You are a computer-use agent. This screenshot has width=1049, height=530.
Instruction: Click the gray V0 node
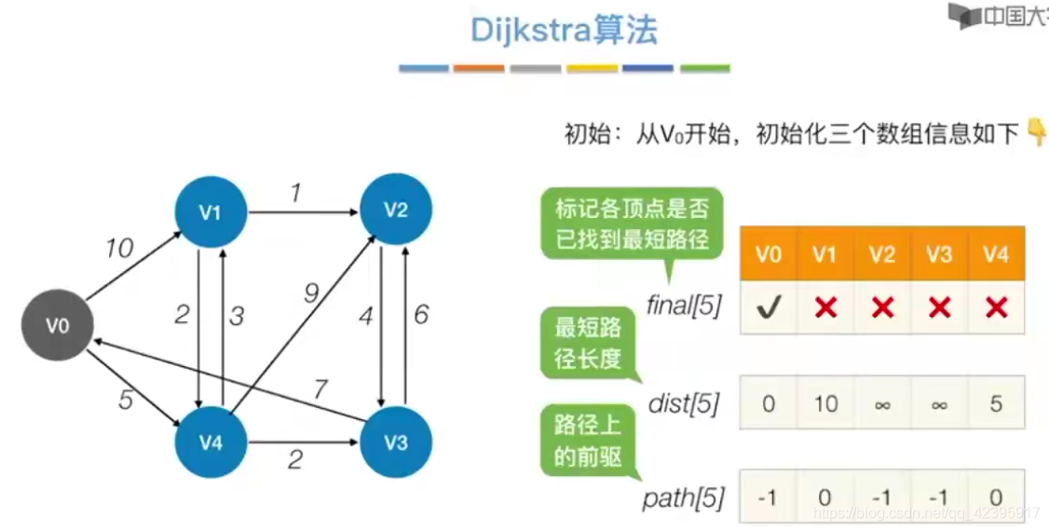(x=58, y=325)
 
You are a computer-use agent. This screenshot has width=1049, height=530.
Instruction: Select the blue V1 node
(x=210, y=212)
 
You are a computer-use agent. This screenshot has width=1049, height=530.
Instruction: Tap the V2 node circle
(x=396, y=211)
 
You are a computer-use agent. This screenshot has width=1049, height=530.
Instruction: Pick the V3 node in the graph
(x=396, y=442)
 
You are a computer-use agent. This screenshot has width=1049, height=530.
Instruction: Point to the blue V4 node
(x=211, y=442)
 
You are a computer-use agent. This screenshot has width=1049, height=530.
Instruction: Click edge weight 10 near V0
(x=118, y=249)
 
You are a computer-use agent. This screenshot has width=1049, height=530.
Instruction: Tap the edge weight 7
(x=320, y=389)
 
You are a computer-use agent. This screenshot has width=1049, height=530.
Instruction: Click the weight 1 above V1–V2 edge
(x=296, y=194)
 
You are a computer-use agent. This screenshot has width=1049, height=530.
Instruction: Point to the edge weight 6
(x=421, y=315)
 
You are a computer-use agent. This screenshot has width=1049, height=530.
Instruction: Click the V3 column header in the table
(x=939, y=254)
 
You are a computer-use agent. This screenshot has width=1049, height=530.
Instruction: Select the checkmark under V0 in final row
(x=768, y=306)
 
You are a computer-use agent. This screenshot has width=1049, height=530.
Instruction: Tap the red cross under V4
(x=996, y=306)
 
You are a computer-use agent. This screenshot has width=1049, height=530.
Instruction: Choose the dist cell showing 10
(x=824, y=403)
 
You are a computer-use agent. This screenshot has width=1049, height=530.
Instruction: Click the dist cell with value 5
(x=996, y=403)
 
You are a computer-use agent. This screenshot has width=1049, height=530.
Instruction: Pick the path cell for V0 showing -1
(x=768, y=498)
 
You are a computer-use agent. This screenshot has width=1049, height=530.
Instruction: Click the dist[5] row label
(x=684, y=404)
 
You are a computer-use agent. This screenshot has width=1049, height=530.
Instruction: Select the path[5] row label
(x=683, y=498)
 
